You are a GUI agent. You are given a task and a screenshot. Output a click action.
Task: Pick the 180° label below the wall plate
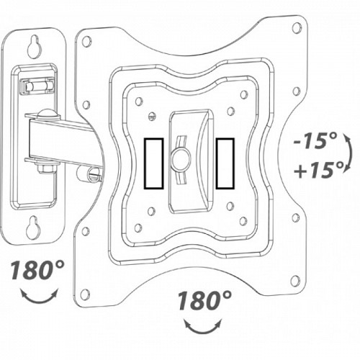(x=37, y=271)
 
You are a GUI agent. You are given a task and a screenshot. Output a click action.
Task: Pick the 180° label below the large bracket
(x=205, y=300)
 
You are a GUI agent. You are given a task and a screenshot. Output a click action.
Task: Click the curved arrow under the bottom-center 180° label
(x=203, y=326)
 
